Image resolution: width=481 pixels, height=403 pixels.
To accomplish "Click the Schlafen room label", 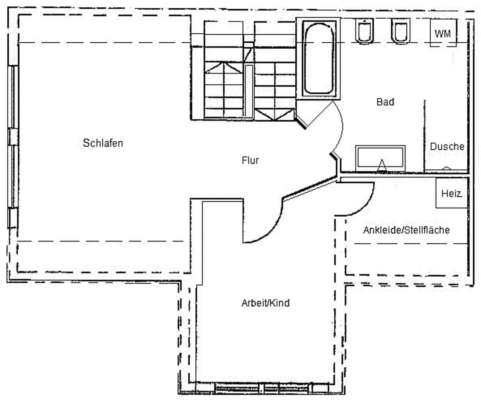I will (103, 143).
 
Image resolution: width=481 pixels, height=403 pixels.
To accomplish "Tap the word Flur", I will (250, 160).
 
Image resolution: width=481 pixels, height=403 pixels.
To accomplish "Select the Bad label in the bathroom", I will (385, 102).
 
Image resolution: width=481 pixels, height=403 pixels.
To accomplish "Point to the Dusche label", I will (447, 147).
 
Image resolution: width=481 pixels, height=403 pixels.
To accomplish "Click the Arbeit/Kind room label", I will (266, 303).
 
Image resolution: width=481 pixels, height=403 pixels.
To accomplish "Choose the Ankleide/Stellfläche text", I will (406, 230).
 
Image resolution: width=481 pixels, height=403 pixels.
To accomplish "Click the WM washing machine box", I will (443, 33).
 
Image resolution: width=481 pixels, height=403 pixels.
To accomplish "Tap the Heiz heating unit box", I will (451, 193).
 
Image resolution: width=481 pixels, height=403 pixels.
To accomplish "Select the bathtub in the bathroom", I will (318, 58).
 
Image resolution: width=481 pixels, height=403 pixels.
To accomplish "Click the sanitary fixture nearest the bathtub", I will (365, 31).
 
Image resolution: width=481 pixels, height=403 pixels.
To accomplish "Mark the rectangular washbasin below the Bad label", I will (380, 157).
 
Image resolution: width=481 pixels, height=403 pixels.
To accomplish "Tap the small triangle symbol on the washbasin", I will (382, 165).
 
